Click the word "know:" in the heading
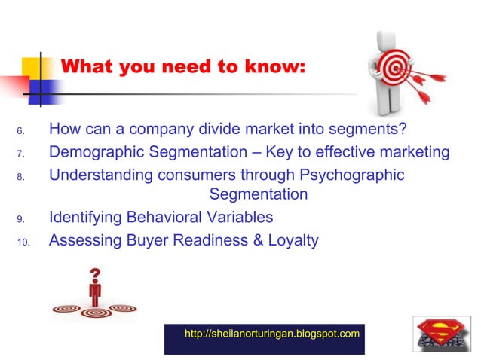276,67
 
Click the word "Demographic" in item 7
97,153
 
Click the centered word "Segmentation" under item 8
259,194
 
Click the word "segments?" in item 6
370,131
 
